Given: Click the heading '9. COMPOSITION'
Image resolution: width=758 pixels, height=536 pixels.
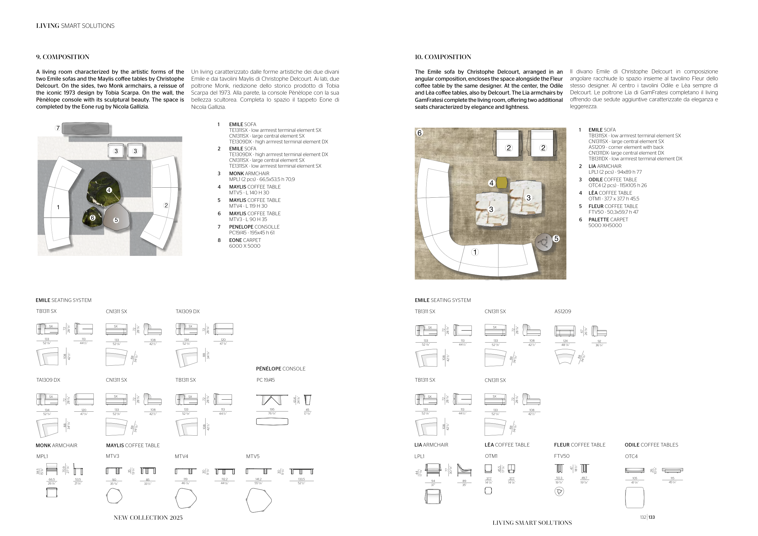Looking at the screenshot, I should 63,57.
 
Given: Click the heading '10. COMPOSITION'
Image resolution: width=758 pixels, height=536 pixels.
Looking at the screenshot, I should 443,57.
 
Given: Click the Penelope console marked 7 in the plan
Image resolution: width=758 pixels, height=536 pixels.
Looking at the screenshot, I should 85,128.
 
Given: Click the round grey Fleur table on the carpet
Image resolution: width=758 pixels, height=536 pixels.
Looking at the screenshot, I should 543,242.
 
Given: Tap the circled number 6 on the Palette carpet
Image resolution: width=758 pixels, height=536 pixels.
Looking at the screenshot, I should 419,133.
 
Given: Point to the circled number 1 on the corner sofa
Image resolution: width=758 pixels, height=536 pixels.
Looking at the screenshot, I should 475,252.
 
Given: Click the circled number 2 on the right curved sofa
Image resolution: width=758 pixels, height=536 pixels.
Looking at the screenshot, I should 166,205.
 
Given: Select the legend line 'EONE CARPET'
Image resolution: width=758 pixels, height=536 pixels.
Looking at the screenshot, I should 245,240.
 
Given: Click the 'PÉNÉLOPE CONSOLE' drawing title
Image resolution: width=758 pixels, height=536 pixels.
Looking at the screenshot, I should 281,369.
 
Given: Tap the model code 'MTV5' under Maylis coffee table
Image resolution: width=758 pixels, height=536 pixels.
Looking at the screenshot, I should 253,457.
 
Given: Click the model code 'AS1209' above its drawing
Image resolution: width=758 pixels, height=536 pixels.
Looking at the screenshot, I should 562,312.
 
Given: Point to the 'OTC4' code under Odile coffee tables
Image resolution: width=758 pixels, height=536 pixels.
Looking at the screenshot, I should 631,457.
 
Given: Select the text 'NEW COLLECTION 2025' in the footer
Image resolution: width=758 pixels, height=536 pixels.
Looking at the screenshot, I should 148,518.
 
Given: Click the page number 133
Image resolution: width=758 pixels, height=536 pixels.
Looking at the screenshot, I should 651,517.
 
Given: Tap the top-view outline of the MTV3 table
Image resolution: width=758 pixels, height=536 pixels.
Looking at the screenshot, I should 114,496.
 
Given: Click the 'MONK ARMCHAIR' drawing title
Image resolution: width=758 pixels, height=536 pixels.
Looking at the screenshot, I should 56,446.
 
